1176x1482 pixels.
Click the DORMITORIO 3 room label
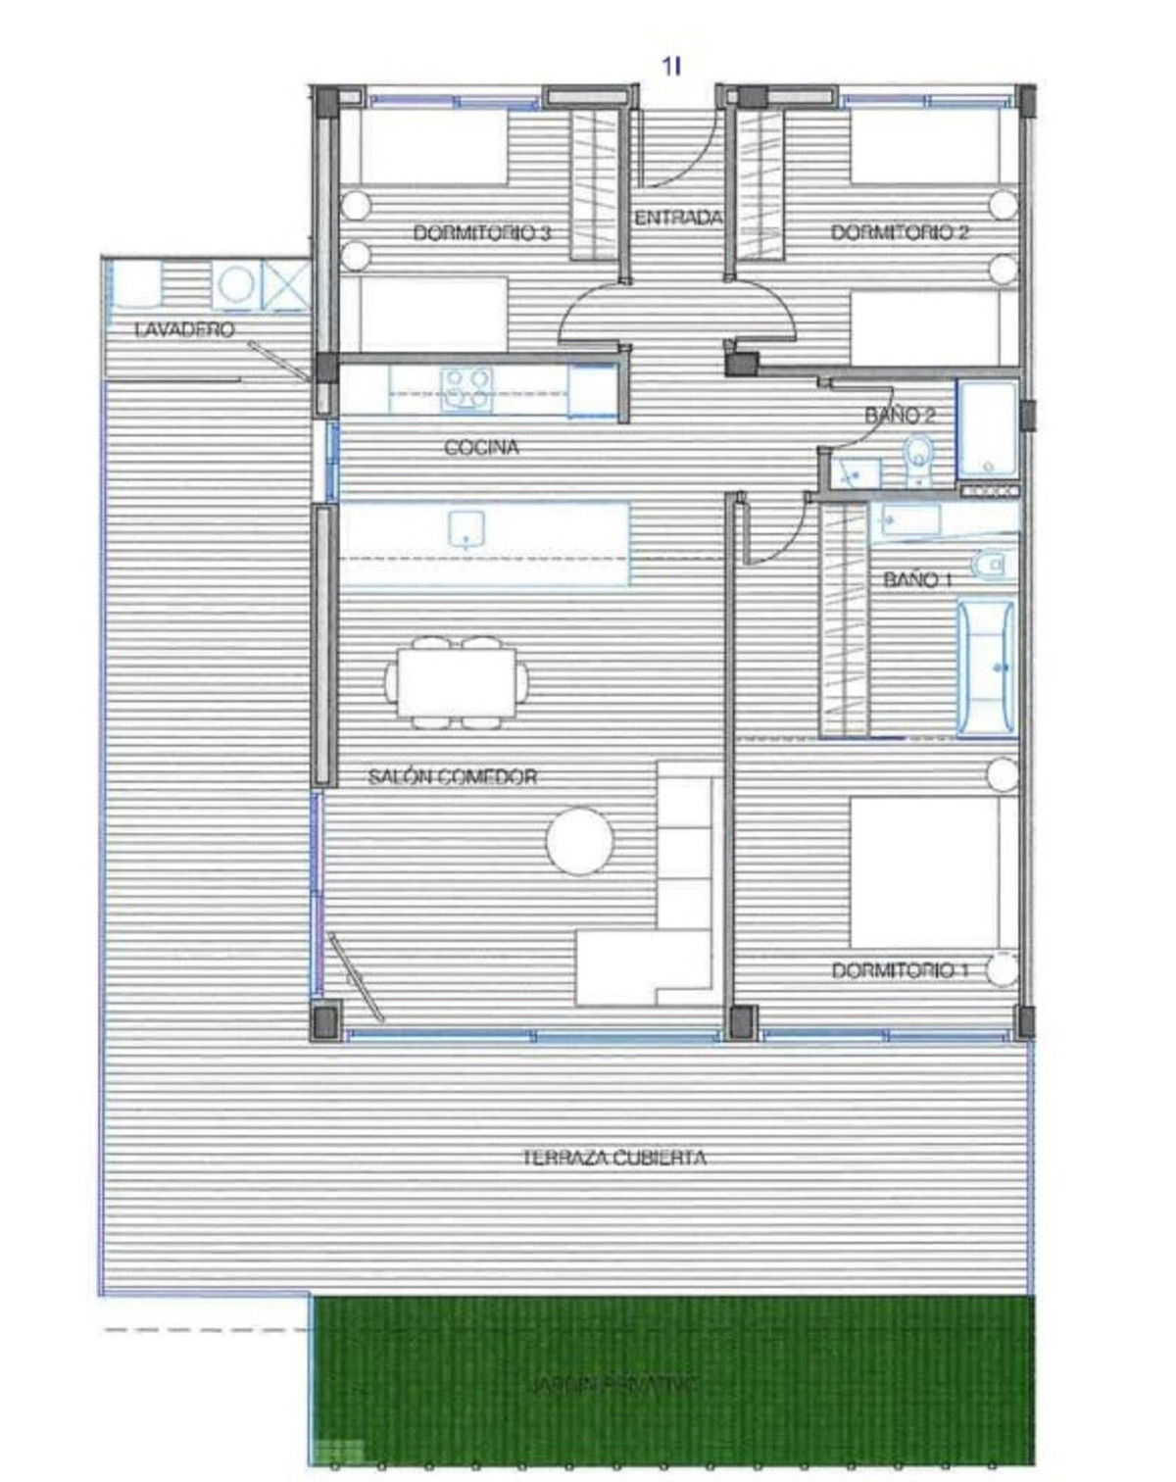(x=481, y=233)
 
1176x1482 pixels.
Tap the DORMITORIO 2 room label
(x=900, y=232)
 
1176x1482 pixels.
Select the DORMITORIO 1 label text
(x=900, y=970)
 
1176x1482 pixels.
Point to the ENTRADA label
(x=678, y=218)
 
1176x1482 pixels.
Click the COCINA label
(x=481, y=448)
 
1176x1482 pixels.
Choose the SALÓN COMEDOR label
(x=452, y=777)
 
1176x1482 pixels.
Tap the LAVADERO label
(x=184, y=329)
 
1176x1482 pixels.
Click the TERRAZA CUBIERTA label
(x=613, y=1158)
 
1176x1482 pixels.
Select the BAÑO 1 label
(x=917, y=579)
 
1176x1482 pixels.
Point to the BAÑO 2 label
(x=900, y=416)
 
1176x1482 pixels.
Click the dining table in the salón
(x=457, y=682)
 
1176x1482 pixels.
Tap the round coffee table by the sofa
(x=580, y=840)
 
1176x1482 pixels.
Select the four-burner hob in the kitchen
(x=465, y=388)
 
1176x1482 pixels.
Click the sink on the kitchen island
(x=466, y=529)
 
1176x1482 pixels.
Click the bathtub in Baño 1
(x=987, y=667)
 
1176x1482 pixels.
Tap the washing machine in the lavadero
(x=235, y=285)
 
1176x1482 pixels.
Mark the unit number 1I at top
(x=671, y=66)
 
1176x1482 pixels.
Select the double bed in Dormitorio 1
(x=924, y=872)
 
